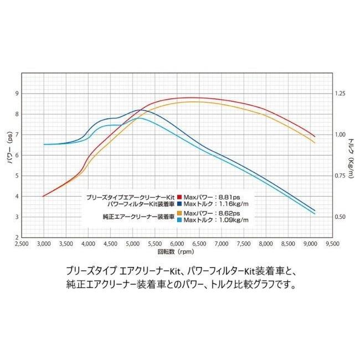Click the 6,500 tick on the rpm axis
[x=199, y=243]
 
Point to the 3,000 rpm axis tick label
[x=43, y=243]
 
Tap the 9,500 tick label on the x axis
[x=332, y=243]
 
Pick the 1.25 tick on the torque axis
[x=340, y=94]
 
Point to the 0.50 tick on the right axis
[x=340, y=217]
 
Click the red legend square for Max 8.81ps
[x=179, y=196]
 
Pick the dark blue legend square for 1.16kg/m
[x=179, y=203]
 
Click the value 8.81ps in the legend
[x=228, y=196]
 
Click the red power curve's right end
[x=315, y=136]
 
